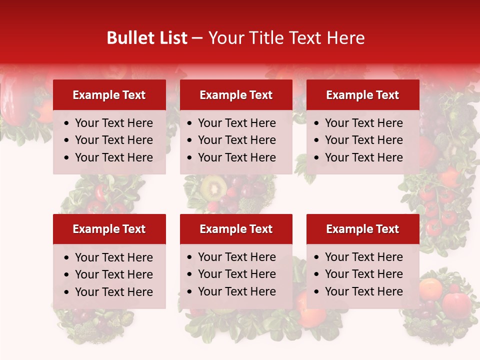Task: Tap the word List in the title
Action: (171, 38)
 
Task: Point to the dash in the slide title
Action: (197, 38)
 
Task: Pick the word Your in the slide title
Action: (225, 38)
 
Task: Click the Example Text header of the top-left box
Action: (109, 95)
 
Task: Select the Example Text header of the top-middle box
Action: (236, 95)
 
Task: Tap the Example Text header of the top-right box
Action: (362, 95)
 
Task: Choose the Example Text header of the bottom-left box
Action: (109, 229)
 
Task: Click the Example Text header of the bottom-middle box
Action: (236, 229)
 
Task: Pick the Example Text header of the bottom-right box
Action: (362, 229)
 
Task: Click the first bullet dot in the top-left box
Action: (67, 123)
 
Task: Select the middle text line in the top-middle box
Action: (236, 140)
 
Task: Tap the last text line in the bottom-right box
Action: (363, 291)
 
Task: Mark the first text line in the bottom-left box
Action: (113, 257)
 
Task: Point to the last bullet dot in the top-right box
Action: (317, 158)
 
